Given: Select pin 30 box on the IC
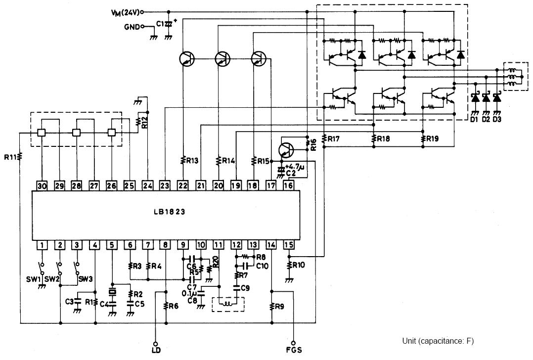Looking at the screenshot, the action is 42,185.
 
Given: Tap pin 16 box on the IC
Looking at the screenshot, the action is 289,185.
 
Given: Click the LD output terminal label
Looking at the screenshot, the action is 156,350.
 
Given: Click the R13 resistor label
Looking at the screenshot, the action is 192,161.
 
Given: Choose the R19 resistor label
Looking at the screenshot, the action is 432,138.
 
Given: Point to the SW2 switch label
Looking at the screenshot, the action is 52,279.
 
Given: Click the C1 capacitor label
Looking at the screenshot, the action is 160,24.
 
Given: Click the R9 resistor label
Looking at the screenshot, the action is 279,307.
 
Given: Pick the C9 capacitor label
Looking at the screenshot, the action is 245,288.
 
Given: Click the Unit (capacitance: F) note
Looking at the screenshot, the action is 438,341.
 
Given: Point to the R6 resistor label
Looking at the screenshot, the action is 174,306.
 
